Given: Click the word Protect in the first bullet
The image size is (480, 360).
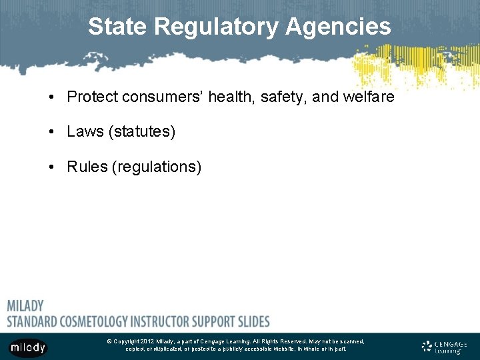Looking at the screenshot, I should [91, 97].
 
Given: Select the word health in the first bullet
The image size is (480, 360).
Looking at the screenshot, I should [231, 97].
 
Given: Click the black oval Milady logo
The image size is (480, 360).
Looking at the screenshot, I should [28, 347].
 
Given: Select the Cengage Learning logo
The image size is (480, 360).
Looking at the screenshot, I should [445, 347].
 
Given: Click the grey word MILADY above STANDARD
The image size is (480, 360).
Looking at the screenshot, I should [25, 306].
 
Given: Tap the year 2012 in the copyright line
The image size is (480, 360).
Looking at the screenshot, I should [147, 341].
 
